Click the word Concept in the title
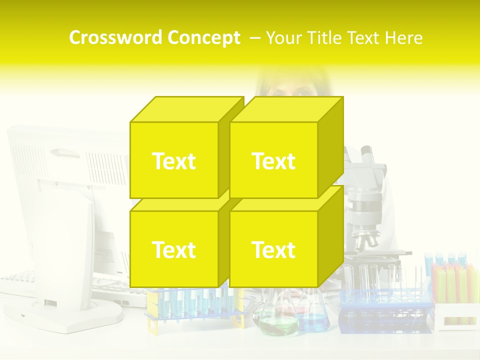click(203, 38)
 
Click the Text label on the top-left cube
click(173, 161)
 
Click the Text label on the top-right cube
click(273, 161)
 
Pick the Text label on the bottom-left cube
click(173, 249)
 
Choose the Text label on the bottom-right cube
click(273, 249)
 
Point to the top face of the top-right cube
click(286, 109)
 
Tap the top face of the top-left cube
click(186, 109)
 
